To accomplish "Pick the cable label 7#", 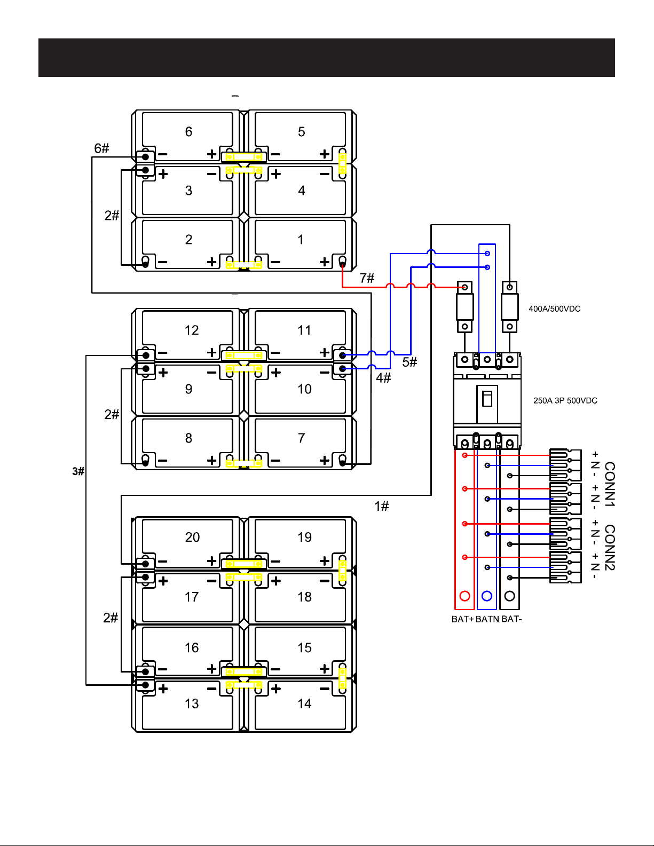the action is point(367,278).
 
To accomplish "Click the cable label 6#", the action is point(101,148).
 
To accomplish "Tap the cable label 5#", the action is point(409,362).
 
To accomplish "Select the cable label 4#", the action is point(383,378).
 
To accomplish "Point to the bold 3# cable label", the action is point(78,471).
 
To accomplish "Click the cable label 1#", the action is point(382,506).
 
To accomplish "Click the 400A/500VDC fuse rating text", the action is point(554,309).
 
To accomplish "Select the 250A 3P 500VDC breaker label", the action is point(565,401).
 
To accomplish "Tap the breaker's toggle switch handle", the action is point(487,399).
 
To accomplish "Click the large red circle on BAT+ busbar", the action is point(465,596).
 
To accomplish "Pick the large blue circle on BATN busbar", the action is point(487,596).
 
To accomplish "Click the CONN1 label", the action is point(609,484).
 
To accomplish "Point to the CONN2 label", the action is point(609,548).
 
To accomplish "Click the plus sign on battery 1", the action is point(325,262).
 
